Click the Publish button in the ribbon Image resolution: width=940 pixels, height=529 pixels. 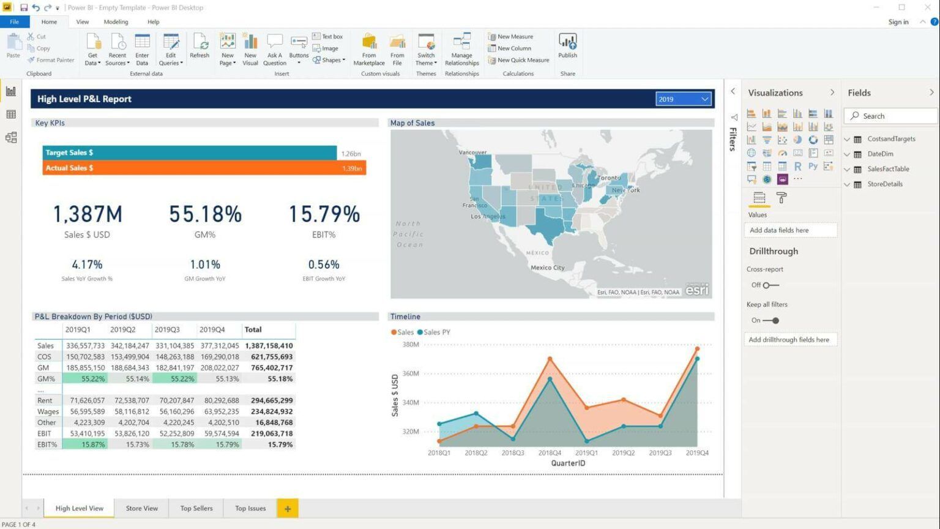[567, 46]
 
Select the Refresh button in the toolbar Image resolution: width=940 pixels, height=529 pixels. [200, 46]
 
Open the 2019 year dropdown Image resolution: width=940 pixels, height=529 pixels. [683, 99]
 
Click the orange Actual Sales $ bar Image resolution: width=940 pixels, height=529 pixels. [204, 168]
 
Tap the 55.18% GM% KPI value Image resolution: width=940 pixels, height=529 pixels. [205, 214]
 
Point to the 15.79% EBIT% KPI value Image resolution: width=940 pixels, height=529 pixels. [324, 214]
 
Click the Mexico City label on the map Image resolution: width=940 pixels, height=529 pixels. [547, 268]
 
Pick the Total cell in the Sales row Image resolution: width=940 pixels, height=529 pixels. [269, 346]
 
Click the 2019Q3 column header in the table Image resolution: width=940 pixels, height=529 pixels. [167, 329]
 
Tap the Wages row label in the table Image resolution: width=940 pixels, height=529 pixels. [48, 411]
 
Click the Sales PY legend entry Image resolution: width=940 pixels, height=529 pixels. [436, 332]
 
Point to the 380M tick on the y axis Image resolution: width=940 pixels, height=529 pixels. [410, 345]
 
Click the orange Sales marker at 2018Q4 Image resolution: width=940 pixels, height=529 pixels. [550, 359]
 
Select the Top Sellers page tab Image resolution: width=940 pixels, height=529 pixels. [196, 508]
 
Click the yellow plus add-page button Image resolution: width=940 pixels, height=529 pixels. [287, 508]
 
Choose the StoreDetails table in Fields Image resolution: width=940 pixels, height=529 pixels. [884, 184]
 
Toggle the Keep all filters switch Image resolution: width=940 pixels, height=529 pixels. [772, 320]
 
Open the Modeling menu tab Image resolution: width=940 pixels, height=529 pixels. [116, 22]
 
